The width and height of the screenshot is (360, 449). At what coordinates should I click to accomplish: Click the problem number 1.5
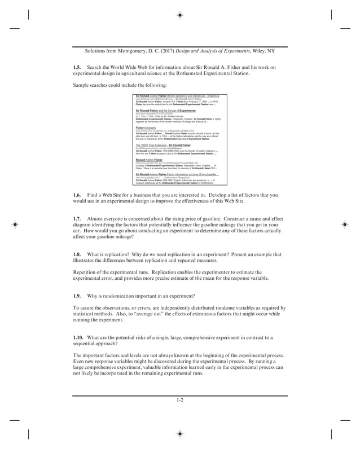pos(78,68)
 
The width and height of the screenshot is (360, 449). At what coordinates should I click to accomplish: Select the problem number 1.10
pos(79,337)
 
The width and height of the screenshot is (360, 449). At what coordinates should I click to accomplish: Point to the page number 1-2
pos(180,400)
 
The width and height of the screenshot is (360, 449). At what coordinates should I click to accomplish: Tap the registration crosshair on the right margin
pos(344,224)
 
